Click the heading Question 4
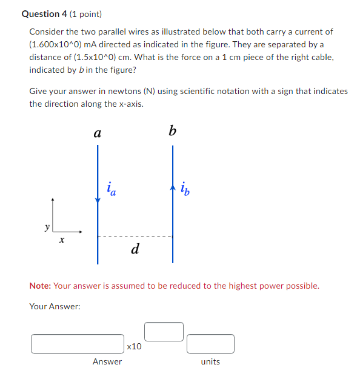(46, 14)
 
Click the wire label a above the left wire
(97, 133)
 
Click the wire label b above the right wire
(173, 130)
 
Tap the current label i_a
(111, 189)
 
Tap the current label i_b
(184, 190)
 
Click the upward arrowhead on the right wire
(173, 185)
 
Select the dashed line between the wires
(135, 237)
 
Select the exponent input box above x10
(164, 332)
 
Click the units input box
(210, 344)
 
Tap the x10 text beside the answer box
(135, 346)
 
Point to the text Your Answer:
(55, 306)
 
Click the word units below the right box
(210, 361)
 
